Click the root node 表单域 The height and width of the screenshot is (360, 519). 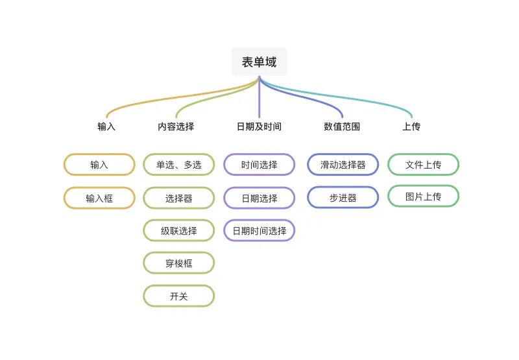pyautogui.click(x=259, y=62)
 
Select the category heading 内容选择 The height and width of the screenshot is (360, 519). pyautogui.click(x=176, y=126)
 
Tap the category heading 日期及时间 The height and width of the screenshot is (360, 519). pyautogui.click(x=259, y=126)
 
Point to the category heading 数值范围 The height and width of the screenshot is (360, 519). pyautogui.click(x=342, y=126)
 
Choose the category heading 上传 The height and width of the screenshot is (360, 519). pyautogui.click(x=411, y=126)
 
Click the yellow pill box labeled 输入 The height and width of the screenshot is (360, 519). pyautogui.click(x=99, y=165)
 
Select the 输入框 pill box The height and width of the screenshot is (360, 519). pyautogui.click(x=99, y=198)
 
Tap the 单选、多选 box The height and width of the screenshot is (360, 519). pyautogui.click(x=178, y=165)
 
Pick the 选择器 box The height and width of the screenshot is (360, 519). pyautogui.click(x=178, y=198)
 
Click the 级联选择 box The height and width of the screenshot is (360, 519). pyautogui.click(x=178, y=230)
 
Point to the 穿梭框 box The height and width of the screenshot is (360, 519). pyautogui.click(x=178, y=263)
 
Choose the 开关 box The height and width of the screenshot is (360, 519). pyautogui.click(x=178, y=296)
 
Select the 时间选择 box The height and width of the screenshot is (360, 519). pyautogui.click(x=259, y=165)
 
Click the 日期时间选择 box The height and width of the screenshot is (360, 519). pyautogui.click(x=259, y=230)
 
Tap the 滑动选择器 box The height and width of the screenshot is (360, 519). pyautogui.click(x=343, y=165)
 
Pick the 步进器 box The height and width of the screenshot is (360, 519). pyautogui.click(x=343, y=198)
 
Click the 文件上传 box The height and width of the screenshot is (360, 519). pyautogui.click(x=423, y=165)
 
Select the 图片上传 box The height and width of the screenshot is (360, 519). pyautogui.click(x=423, y=196)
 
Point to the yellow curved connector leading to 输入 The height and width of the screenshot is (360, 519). pyautogui.click(x=162, y=97)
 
